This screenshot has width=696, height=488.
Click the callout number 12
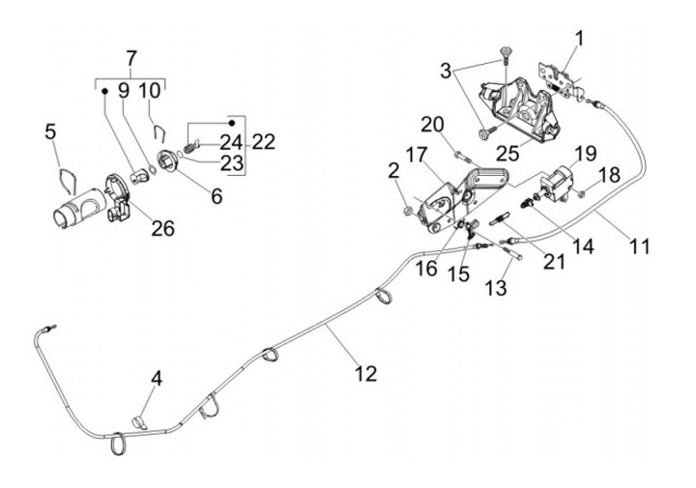pos(366,374)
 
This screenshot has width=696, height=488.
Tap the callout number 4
pos(157,380)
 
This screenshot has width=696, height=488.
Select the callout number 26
pos(163,228)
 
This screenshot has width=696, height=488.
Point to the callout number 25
pos(507,154)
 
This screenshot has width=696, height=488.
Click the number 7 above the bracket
pos(131,59)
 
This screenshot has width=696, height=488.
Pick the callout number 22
pos(264,142)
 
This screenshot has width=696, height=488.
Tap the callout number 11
pos(640,246)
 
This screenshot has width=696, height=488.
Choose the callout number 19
pos(586,154)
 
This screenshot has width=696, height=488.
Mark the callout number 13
pos(496,288)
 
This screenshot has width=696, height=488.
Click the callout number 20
pos(432,125)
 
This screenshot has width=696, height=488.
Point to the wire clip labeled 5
pos(68,180)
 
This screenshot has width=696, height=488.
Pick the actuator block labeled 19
pos(558,184)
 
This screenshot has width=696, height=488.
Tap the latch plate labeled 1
pos(557,79)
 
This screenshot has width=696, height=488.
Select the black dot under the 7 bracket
pos(105,91)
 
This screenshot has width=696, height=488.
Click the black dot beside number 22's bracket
pos(231,123)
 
